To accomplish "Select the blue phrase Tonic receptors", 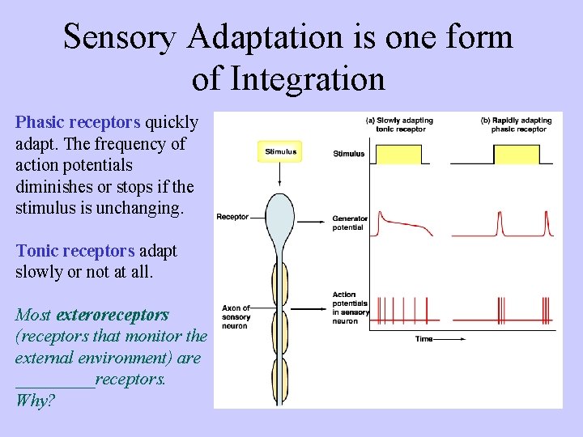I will (75, 251).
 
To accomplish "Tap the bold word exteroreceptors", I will (113, 314).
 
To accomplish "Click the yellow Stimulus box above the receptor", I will (281, 151).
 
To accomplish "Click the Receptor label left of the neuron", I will (232, 216).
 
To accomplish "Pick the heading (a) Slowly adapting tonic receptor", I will (400, 125).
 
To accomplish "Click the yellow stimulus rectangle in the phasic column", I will (516, 154).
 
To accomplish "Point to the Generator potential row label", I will (350, 223).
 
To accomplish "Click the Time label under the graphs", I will (424, 338).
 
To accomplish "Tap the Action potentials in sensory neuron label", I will (350, 308).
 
